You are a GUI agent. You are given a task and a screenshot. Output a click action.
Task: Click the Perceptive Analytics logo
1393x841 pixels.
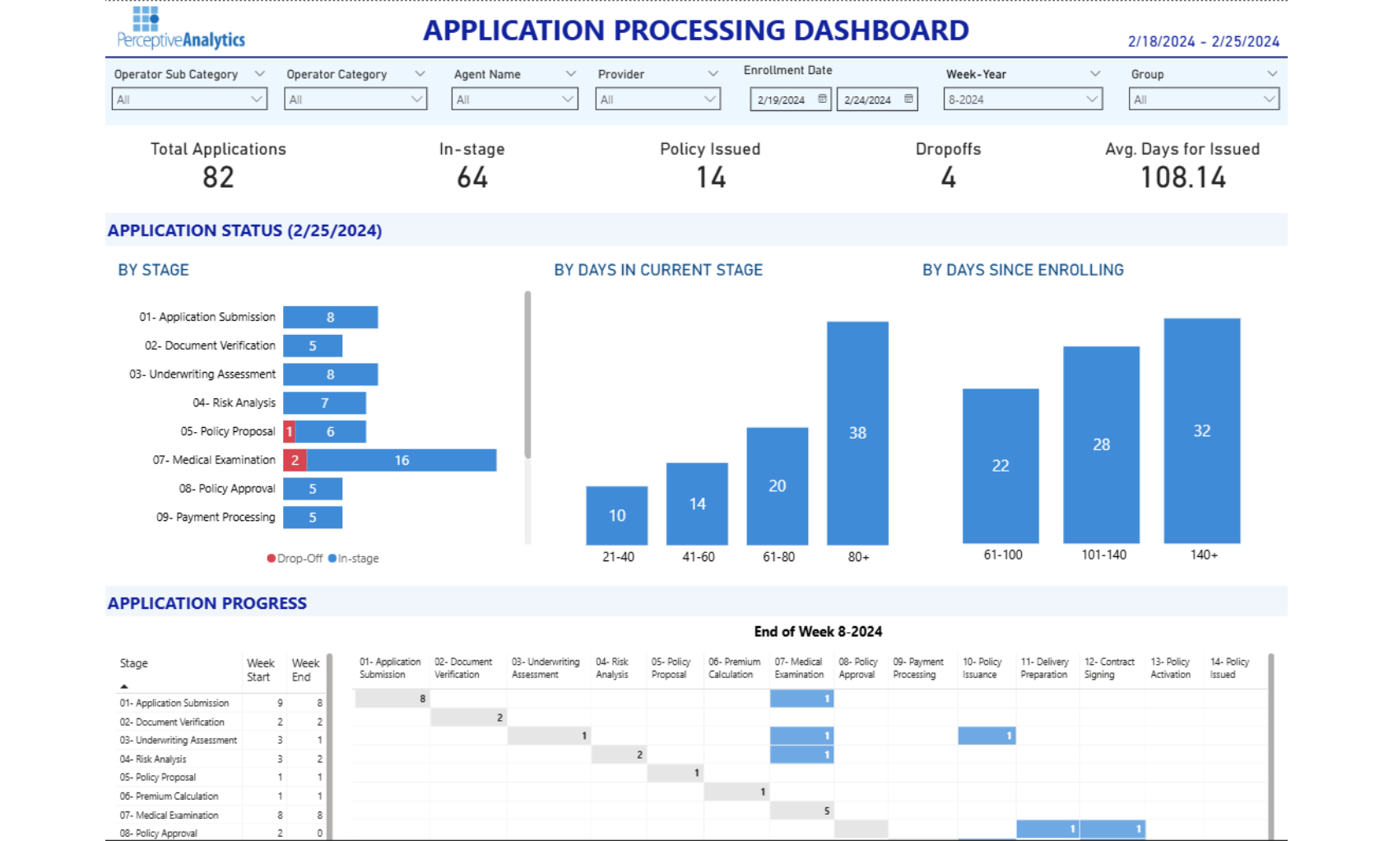coord(181,29)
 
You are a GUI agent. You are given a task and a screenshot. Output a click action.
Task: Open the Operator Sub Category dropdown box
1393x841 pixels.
coord(189,100)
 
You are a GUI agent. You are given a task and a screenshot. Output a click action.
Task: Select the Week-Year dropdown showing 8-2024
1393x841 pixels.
coord(1024,100)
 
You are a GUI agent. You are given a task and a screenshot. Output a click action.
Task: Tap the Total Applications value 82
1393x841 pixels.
coord(218,178)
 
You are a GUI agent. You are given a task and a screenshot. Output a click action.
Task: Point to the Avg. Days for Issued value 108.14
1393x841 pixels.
coord(1182,178)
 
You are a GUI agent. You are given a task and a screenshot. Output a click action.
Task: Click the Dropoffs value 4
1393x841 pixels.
coord(948,178)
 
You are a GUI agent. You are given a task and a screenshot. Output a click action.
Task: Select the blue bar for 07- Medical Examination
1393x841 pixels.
coord(402,460)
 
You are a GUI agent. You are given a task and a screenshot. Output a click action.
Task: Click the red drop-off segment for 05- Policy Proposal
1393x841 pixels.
coord(289,431)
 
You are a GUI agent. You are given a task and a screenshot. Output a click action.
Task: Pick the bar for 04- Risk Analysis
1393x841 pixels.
coord(324,403)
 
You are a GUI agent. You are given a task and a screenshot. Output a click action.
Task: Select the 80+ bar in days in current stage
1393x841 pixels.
coord(857,433)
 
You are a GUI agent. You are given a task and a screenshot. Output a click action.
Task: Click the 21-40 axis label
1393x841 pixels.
coord(618,557)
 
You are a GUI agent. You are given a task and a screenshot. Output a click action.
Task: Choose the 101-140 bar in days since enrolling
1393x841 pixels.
coord(1101,444)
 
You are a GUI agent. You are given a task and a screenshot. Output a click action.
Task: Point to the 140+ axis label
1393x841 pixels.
coord(1203,555)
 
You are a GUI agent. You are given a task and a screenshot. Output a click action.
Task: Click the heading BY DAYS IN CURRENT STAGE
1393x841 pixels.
coord(658,270)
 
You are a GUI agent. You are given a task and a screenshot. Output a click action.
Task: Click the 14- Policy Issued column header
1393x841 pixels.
coord(1229,668)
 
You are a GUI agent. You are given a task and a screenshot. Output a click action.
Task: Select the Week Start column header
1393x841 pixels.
coord(260,670)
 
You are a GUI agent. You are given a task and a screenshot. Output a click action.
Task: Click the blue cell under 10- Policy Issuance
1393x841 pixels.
coord(987,736)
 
